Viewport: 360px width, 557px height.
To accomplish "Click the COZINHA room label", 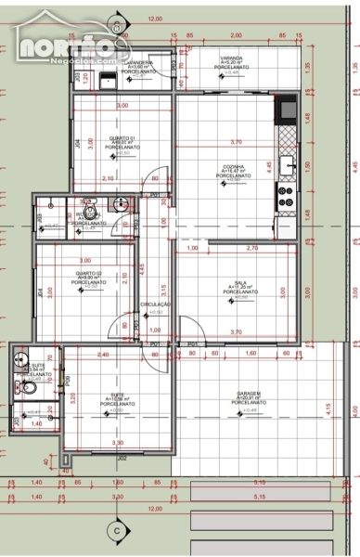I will (x=235, y=167).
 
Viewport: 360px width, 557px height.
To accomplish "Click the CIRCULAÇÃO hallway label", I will (x=156, y=304).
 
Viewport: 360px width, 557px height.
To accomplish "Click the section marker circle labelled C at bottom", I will (x=117, y=530).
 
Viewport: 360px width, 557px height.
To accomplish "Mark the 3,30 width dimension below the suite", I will (x=118, y=443).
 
